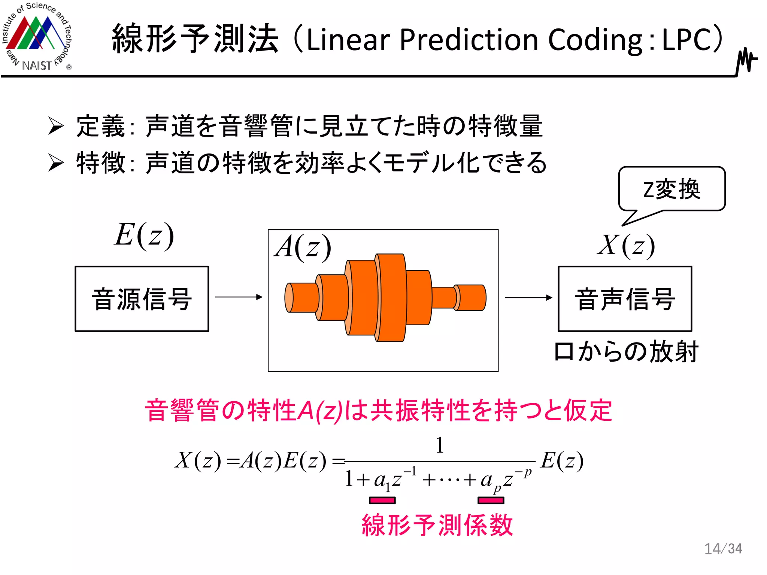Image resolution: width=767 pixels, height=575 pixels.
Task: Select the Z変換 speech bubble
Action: pos(671,189)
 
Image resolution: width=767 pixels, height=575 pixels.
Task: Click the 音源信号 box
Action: pos(142,299)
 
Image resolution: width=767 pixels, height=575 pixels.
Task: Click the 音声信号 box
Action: pos(625,299)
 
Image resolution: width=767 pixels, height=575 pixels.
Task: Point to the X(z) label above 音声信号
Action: pos(626,246)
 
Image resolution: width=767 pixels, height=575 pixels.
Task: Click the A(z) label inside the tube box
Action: pos(303,247)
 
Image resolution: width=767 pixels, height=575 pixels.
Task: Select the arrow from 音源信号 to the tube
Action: pos(239,297)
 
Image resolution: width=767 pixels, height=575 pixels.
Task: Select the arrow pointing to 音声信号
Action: pos(528,298)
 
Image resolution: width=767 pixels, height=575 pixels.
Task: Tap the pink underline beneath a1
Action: pos(382,501)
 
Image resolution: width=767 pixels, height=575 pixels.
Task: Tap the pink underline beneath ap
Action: pos(491,501)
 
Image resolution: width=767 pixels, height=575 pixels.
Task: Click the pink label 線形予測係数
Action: pos(437,525)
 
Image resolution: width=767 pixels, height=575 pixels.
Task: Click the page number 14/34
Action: pos(723,549)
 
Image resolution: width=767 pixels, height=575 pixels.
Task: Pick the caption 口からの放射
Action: pos(626,352)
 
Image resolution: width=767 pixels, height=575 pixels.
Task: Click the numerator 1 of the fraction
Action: pos(440,445)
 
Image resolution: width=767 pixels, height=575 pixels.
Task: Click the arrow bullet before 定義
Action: pos(56,126)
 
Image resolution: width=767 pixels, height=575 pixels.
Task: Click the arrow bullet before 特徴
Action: pos(56,162)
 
